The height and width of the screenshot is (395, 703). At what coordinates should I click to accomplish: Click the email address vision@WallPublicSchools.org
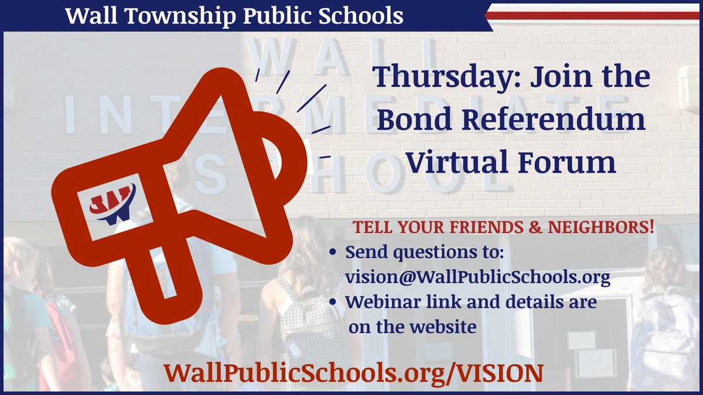point(478,277)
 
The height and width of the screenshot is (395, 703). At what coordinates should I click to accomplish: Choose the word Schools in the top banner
point(364,16)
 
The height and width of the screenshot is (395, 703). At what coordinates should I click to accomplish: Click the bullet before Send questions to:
point(333,254)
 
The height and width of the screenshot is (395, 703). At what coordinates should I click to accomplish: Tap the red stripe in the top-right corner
point(595,16)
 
